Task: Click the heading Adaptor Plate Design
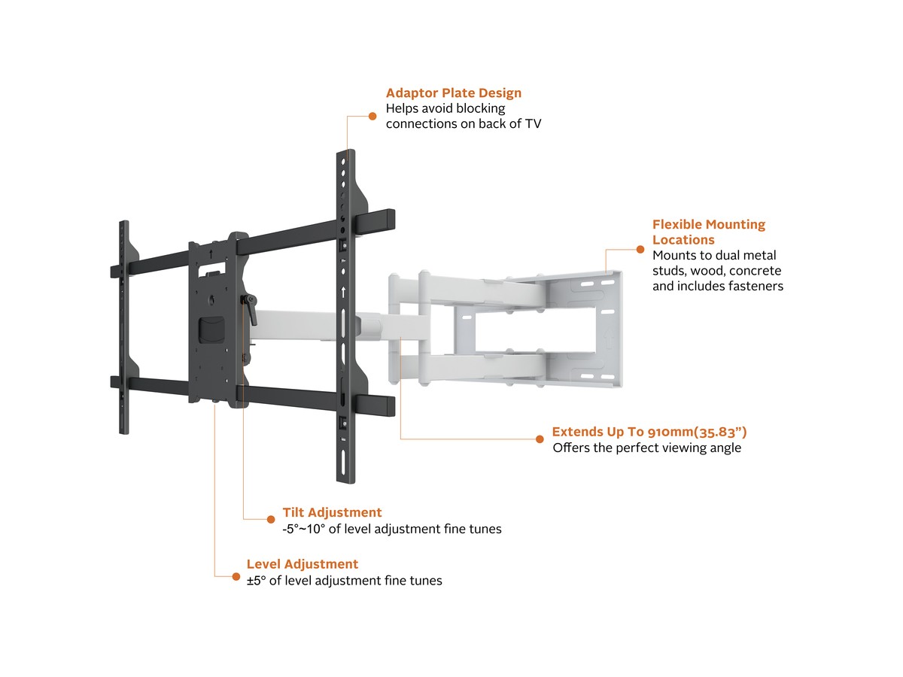pos(453,93)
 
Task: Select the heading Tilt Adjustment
pos(332,513)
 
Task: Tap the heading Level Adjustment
pos(303,564)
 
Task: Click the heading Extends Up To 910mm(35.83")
pos(649,432)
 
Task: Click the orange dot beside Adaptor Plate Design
pos(372,116)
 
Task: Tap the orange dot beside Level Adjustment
pos(236,575)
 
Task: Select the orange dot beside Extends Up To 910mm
pos(539,438)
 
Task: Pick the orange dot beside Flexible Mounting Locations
pos(640,249)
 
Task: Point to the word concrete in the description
pos(755,271)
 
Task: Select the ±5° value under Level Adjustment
pos(257,581)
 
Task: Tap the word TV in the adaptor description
pos(532,124)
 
